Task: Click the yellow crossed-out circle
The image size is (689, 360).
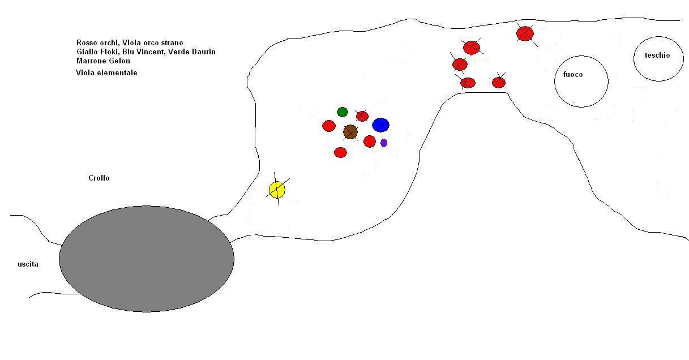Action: [x=277, y=190]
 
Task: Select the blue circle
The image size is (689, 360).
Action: [x=380, y=125]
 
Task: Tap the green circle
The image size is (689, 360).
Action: [x=343, y=112]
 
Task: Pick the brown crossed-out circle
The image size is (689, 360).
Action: [x=350, y=132]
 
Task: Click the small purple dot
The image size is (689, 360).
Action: [x=383, y=143]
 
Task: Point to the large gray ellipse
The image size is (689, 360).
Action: [x=147, y=259]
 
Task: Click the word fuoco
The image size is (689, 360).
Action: [x=573, y=74]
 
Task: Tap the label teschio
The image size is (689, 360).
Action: [x=657, y=55]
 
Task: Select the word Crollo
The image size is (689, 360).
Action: [x=99, y=178]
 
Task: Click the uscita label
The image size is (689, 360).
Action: [x=28, y=264]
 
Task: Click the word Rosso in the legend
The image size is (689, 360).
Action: [x=87, y=42]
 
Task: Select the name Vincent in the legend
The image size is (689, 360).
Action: [x=150, y=52]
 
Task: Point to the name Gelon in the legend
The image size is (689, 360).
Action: [x=120, y=61]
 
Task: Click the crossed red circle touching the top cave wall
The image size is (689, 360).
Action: [x=525, y=33]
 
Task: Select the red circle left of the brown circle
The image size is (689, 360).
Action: [x=328, y=126]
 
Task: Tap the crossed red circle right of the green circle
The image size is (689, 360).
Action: [x=362, y=116]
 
